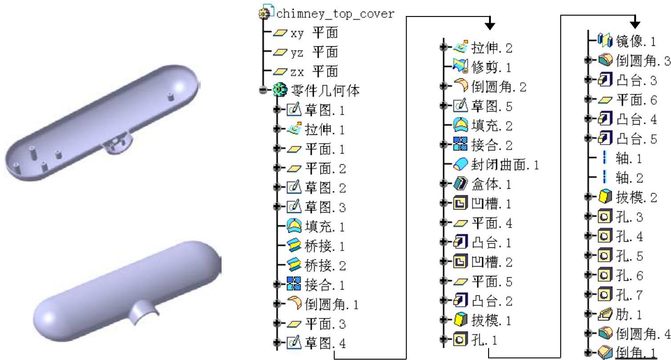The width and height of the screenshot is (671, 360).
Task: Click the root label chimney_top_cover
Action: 335,14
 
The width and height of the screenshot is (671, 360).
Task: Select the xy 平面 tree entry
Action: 314,32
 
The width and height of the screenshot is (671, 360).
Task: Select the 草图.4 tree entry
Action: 325,343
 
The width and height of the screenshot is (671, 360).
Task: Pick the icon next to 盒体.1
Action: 459,184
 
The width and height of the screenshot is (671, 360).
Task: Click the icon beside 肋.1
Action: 605,315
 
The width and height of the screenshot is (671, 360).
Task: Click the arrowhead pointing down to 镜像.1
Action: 635,23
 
